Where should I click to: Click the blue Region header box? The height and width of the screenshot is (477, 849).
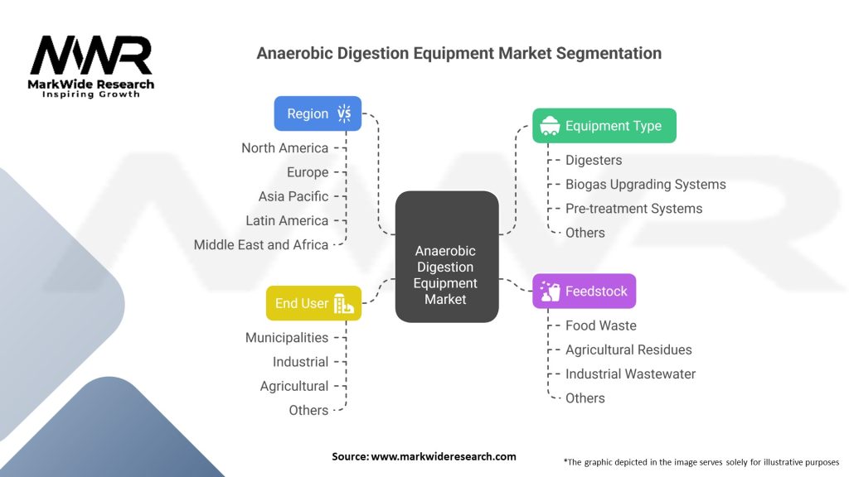coord(318,113)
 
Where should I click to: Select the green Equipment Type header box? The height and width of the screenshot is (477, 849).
coord(604,126)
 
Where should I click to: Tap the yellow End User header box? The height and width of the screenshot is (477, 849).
coord(313,303)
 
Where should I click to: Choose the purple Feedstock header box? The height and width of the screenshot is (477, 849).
coord(584,291)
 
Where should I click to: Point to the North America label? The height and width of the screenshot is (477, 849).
coord(284,147)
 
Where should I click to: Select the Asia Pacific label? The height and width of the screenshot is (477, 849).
coord(293,196)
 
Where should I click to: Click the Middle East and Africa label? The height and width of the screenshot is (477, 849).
coord(260,244)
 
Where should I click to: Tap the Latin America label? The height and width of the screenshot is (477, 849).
coord(287,220)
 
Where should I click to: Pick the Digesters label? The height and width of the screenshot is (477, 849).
coord(593,160)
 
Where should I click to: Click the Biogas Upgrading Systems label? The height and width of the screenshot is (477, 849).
coord(645,184)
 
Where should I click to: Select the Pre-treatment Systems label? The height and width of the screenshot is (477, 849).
coord(633,209)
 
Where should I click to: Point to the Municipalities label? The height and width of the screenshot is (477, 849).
coord(286,338)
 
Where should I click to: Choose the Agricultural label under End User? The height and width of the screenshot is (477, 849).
coord(294,386)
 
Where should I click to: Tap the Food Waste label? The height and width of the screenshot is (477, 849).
coord(600,325)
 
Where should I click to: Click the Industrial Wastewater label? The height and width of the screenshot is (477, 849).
coord(630,373)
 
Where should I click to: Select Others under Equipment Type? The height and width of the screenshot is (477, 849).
coord(585,233)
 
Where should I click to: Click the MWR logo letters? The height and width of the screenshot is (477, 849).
coord(91,56)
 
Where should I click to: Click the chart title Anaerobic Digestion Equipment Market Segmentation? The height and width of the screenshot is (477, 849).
coord(458,53)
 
